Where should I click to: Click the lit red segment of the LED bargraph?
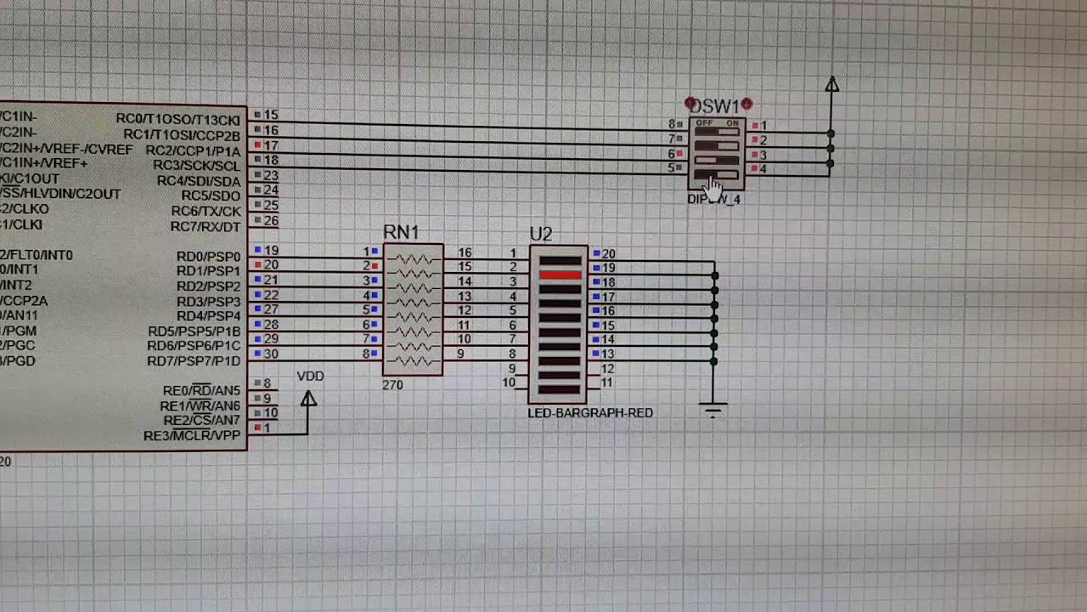pyautogui.click(x=560, y=275)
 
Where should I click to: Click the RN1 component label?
pyautogui.click(x=401, y=232)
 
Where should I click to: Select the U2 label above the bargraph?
pyautogui.click(x=541, y=234)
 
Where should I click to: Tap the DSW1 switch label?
pyautogui.click(x=714, y=106)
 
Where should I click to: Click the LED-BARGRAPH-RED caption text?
pyautogui.click(x=590, y=413)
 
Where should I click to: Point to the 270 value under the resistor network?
pyautogui.click(x=392, y=385)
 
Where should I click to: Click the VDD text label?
pyautogui.click(x=311, y=377)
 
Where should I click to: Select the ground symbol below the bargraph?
pyautogui.click(x=713, y=411)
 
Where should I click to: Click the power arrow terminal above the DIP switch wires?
pyautogui.click(x=831, y=85)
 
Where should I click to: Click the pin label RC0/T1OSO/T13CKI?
pyautogui.click(x=177, y=119)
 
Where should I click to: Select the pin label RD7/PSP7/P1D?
pyautogui.click(x=194, y=360)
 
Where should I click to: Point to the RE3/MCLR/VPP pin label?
pyautogui.click(x=192, y=436)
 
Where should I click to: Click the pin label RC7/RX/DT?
pyautogui.click(x=206, y=227)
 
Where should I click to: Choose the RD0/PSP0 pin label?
pyautogui.click(x=208, y=256)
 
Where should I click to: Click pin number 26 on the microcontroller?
pyautogui.click(x=271, y=221)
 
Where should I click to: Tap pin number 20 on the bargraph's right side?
pyautogui.click(x=608, y=254)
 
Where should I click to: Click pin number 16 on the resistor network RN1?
pyautogui.click(x=465, y=253)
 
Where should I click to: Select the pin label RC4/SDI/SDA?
pyautogui.click(x=199, y=181)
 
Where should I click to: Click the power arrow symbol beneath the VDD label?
pyautogui.click(x=308, y=399)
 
